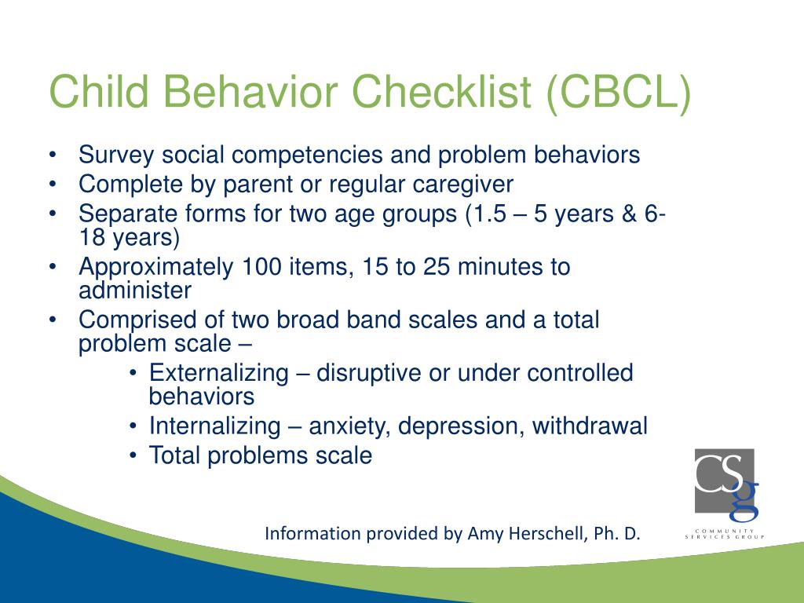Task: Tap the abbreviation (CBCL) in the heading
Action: (619, 93)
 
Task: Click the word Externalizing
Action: (219, 373)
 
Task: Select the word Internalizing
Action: (215, 426)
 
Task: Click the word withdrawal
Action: (590, 426)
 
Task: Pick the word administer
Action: (135, 291)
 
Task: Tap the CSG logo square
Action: (725, 481)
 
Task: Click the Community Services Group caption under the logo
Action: (725, 534)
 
